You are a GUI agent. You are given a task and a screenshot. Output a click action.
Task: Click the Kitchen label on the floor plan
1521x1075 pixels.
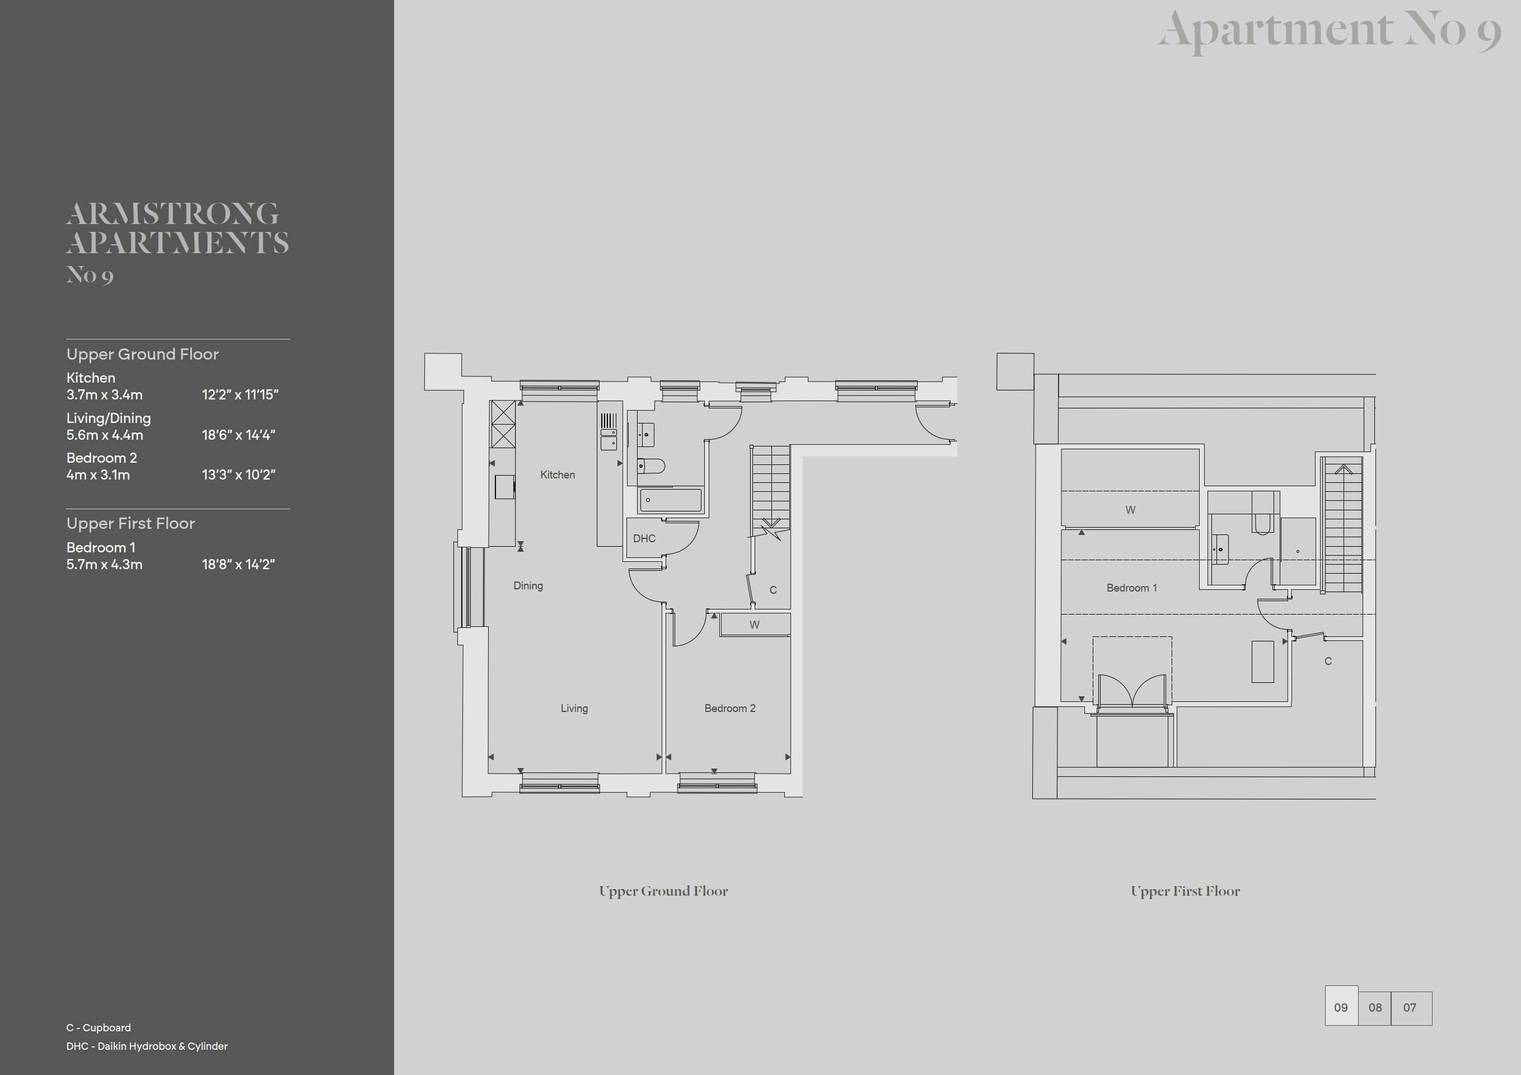click(557, 474)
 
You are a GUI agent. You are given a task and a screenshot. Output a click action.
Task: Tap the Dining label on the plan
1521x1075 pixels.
click(528, 586)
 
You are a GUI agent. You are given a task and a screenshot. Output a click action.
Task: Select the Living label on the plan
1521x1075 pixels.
click(574, 709)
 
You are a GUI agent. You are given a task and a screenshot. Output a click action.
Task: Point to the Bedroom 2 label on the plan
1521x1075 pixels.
click(729, 709)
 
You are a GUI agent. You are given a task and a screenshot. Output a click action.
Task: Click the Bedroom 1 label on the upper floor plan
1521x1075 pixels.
click(1131, 588)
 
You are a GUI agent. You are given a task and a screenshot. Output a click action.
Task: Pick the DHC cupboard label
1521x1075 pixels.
click(644, 538)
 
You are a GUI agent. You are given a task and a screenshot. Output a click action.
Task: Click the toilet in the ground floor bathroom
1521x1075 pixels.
click(650, 466)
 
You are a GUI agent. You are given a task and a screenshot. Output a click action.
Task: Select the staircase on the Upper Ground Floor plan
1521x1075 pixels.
click(770, 488)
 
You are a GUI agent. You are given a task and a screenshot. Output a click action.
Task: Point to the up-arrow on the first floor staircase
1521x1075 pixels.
click(1343, 470)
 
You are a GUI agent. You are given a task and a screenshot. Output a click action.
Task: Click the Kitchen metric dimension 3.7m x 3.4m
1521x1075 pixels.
click(104, 395)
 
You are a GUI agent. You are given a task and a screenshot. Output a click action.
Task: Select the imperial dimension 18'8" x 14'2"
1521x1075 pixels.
click(238, 565)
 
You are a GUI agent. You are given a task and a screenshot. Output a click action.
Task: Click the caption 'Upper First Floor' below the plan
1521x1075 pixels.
click(1185, 891)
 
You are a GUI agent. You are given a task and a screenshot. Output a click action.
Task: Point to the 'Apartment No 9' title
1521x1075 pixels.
click(1329, 30)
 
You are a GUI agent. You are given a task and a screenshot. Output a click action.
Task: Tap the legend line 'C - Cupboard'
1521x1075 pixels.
click(98, 1028)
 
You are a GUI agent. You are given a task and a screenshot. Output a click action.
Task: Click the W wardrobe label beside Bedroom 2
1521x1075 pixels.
click(755, 624)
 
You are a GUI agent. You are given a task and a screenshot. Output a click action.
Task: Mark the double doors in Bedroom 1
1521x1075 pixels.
click(1131, 692)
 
